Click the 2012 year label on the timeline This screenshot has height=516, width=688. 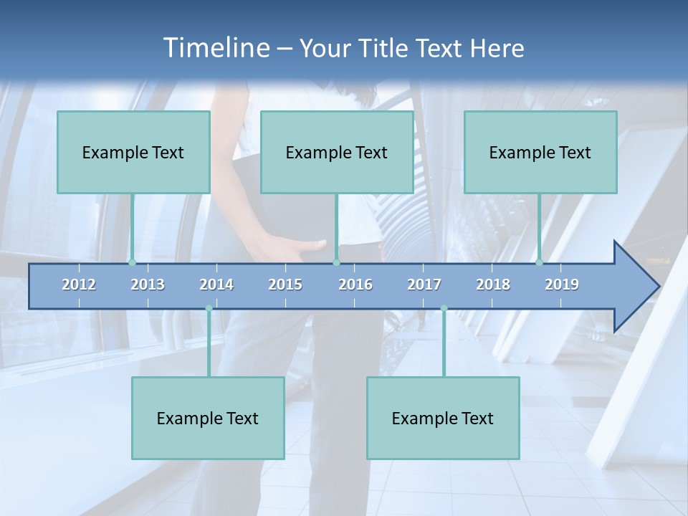[79, 285]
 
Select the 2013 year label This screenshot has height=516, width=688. [148, 285]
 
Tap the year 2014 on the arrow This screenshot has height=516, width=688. [216, 285]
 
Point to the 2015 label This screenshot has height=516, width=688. [285, 285]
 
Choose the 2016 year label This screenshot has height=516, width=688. [355, 285]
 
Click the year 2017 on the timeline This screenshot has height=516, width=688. [424, 285]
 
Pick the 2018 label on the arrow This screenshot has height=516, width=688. [493, 285]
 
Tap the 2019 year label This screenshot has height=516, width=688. [562, 285]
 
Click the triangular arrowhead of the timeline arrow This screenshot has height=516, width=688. [634, 287]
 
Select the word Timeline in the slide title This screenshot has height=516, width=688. [216, 48]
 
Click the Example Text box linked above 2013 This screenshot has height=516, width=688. [133, 152]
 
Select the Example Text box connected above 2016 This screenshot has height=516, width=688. [337, 152]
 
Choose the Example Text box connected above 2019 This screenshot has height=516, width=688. [540, 152]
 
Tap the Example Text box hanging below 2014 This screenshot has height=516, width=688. [208, 418]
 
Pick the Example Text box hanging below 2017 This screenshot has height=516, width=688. [443, 418]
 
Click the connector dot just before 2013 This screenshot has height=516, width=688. [132, 262]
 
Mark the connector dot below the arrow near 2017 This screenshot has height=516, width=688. [444, 308]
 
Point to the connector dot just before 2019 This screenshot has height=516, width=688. [539, 262]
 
